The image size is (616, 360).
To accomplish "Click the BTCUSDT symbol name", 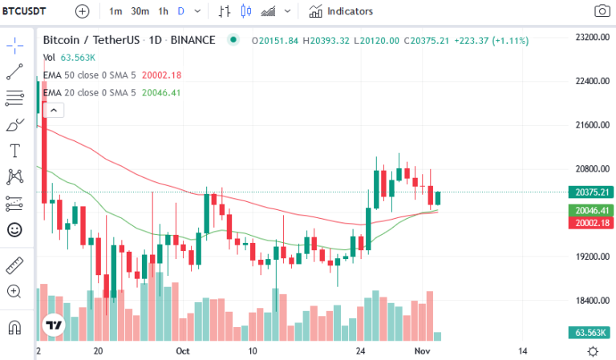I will pyautogui.click(x=24, y=11).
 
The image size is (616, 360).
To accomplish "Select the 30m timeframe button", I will pyautogui.click(x=140, y=11).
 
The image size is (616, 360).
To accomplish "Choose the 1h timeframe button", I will pyautogui.click(x=164, y=11).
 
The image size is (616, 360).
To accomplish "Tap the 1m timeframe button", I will pyautogui.click(x=115, y=11).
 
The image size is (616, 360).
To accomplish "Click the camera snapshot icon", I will pyautogui.click(x=601, y=11).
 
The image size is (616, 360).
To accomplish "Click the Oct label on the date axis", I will pyautogui.click(x=182, y=351).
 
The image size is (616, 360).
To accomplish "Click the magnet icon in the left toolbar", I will pyautogui.click(x=14, y=327).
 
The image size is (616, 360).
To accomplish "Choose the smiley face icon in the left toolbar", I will pyautogui.click(x=14, y=229).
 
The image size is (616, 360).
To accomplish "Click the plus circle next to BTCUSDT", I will pyautogui.click(x=83, y=11).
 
